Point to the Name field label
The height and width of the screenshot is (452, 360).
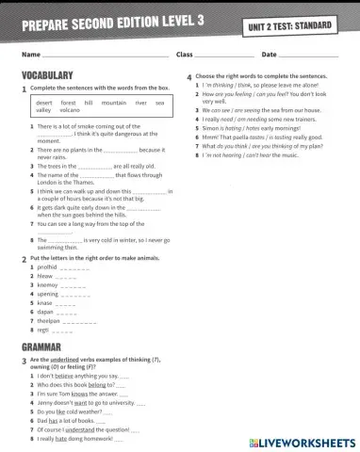[30, 56]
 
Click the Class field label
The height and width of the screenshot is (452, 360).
[185, 56]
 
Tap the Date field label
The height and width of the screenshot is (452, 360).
[270, 56]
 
